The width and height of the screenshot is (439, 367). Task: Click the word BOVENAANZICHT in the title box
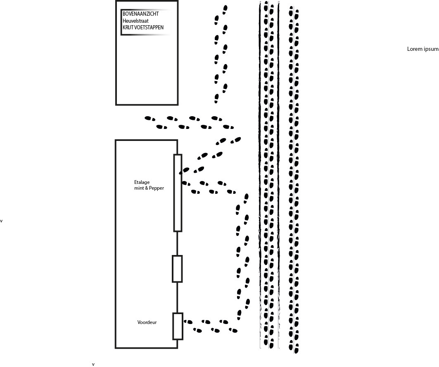pyautogui.click(x=140, y=14)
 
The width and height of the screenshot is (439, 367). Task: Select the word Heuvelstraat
pyautogui.click(x=135, y=21)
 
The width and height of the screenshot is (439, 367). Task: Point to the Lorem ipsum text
pyautogui.click(x=423, y=49)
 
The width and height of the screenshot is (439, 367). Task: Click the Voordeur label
pyautogui.click(x=147, y=322)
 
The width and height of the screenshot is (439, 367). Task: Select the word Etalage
pyautogui.click(x=142, y=182)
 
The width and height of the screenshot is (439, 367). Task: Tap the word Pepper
pyautogui.click(x=157, y=188)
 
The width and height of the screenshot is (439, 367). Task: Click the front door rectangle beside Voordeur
pyautogui.click(x=178, y=326)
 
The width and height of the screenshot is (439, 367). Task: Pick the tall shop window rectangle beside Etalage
pyautogui.click(x=178, y=193)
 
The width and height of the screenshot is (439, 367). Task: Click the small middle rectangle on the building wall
pyautogui.click(x=177, y=269)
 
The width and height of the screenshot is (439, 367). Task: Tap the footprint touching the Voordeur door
pyautogui.click(x=188, y=322)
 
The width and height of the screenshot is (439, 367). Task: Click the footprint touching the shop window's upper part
pyautogui.click(x=184, y=170)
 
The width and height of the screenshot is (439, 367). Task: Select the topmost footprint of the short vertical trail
pyautogui.click(x=225, y=10)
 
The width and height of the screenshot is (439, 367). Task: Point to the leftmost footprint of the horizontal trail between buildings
pyautogui.click(x=150, y=119)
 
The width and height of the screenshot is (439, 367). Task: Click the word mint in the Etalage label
pyautogui.click(x=139, y=188)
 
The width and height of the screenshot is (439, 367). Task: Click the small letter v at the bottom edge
pyautogui.click(x=93, y=365)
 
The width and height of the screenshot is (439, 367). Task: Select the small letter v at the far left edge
pyautogui.click(x=1, y=221)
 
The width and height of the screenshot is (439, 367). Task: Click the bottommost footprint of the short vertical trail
pyautogui.click(x=216, y=98)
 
